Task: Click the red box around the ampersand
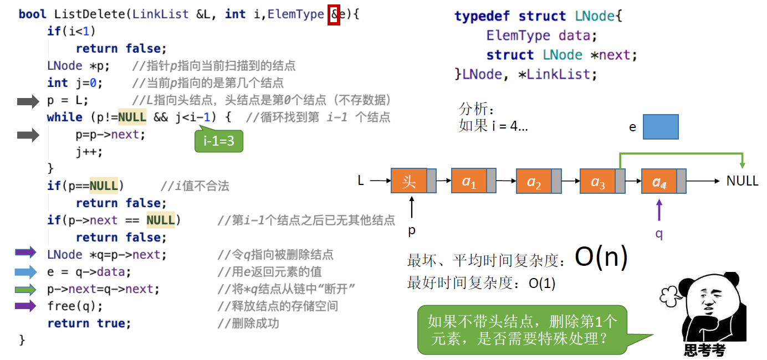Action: pyautogui.click(x=334, y=15)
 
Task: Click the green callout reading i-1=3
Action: pyautogui.click(x=219, y=141)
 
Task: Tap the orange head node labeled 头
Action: pyautogui.click(x=409, y=181)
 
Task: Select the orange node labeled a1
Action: pyautogui.click(x=469, y=181)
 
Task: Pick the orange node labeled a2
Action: pyautogui.click(x=534, y=181)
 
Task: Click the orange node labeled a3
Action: pyautogui.click(x=598, y=181)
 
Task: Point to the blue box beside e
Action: pyautogui.click(x=661, y=127)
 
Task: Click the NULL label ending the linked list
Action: pyautogui.click(x=742, y=181)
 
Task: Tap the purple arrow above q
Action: pyautogui.click(x=659, y=211)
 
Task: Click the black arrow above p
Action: pyautogui.click(x=412, y=209)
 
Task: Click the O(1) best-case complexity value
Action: pyautogui.click(x=541, y=283)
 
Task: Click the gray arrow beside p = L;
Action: pyautogui.click(x=28, y=101)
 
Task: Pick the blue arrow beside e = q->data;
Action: pyautogui.click(x=25, y=271)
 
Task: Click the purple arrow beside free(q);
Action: pyautogui.click(x=25, y=306)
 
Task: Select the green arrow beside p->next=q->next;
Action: pyautogui.click(x=25, y=289)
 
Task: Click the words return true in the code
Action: pyautogui.click(x=89, y=323)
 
